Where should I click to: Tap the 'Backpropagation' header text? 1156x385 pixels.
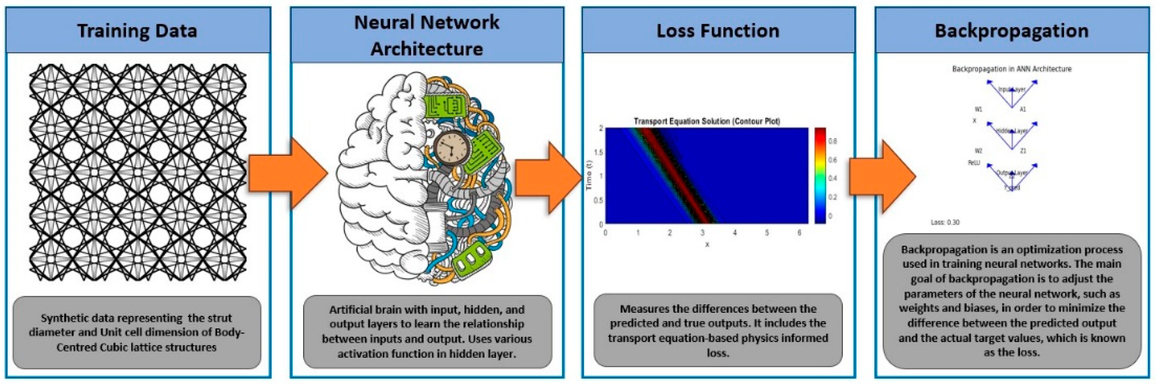click(1012, 31)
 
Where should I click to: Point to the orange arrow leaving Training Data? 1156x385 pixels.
click(287, 173)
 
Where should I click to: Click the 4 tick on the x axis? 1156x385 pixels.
click(735, 233)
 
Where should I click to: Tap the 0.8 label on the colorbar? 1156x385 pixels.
click(833, 141)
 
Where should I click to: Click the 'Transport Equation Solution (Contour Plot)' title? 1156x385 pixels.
click(706, 121)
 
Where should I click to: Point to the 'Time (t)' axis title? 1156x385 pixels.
click(589, 176)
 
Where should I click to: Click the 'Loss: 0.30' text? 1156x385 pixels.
click(945, 222)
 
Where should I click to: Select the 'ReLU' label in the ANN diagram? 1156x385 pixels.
click(973, 163)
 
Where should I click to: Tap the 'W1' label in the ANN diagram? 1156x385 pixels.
click(978, 109)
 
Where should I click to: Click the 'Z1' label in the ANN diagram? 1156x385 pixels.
click(1023, 151)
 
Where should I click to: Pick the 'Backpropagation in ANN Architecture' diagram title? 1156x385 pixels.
click(1012, 69)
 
